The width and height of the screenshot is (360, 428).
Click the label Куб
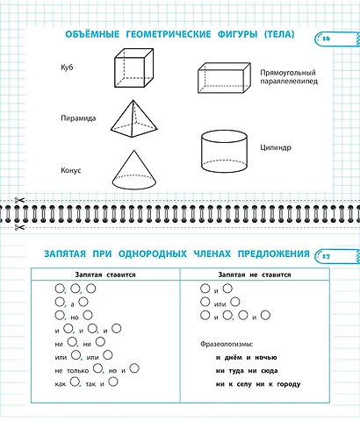click(x=67, y=67)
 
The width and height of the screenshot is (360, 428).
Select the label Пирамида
click(x=78, y=118)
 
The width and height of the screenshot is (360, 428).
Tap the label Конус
click(x=71, y=170)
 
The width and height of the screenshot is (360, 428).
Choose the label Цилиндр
click(x=274, y=149)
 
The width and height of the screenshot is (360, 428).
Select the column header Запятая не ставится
click(x=251, y=275)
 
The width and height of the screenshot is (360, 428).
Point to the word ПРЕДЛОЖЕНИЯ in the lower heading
click(x=270, y=254)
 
